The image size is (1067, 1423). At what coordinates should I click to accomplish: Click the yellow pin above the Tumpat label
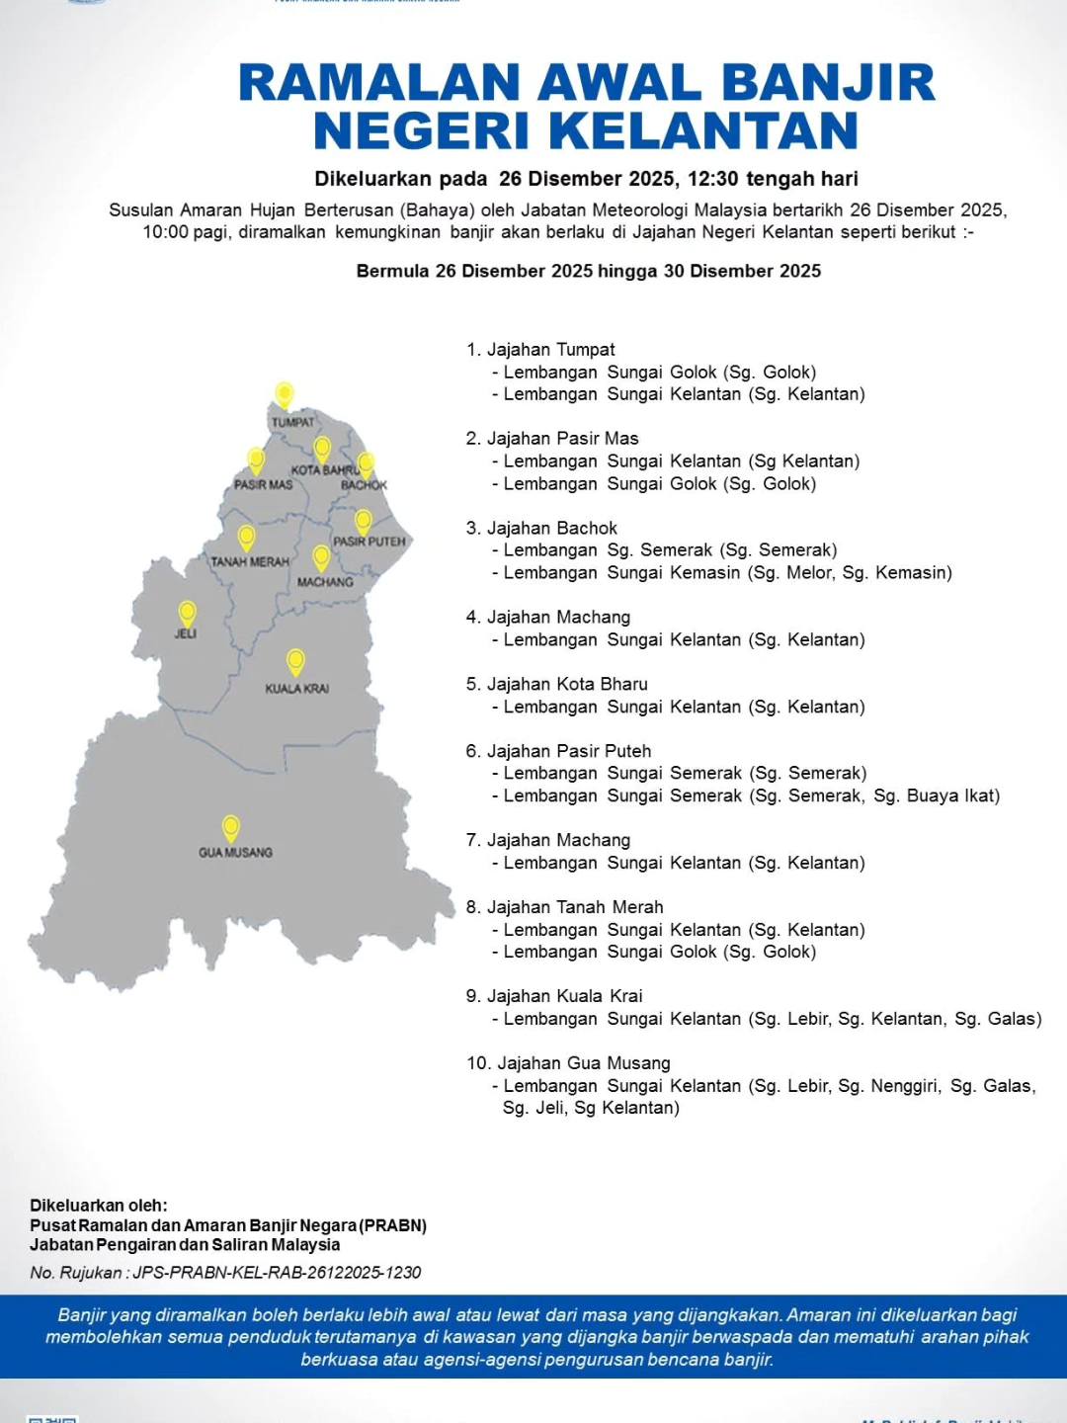(x=285, y=394)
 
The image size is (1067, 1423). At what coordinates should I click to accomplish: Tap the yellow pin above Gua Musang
(x=231, y=827)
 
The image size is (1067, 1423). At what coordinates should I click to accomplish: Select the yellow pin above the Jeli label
(x=187, y=614)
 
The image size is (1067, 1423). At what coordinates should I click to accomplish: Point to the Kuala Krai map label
(x=296, y=689)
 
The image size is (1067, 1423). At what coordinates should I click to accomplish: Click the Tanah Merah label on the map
(x=250, y=562)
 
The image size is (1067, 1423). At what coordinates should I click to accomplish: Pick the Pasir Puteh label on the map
(x=369, y=542)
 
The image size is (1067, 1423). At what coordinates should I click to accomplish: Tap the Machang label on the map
(x=325, y=582)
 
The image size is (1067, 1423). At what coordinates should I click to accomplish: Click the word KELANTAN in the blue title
(x=702, y=130)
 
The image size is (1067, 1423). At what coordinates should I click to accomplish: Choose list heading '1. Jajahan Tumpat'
(x=540, y=350)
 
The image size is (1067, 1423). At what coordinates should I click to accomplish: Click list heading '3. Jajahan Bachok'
(x=541, y=528)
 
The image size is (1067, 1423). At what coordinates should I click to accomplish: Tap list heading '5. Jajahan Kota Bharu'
(x=557, y=684)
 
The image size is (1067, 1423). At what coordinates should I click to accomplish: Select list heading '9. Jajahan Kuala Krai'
(x=554, y=996)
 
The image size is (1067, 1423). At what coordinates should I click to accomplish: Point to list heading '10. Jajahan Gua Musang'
(x=568, y=1063)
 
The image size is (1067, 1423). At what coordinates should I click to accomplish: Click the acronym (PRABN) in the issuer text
(x=393, y=1225)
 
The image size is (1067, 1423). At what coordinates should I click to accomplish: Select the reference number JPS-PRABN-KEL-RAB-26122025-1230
(x=277, y=1273)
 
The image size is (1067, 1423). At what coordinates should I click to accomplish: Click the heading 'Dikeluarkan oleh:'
(x=99, y=1206)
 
